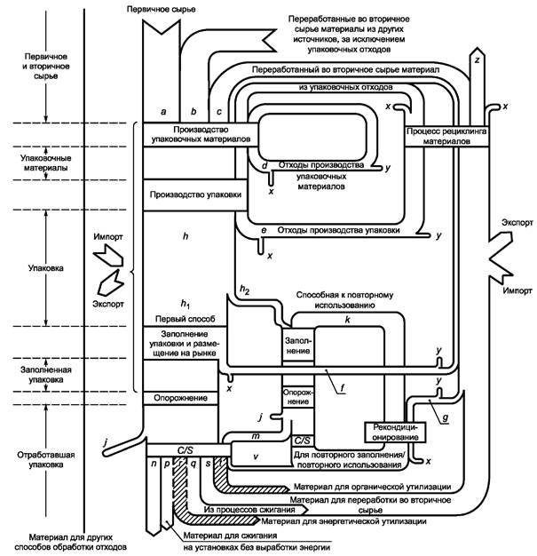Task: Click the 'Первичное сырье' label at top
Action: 161,9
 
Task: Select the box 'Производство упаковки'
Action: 195,195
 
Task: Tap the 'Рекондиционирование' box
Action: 395,433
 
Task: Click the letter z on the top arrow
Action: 478,60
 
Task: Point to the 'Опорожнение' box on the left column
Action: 180,398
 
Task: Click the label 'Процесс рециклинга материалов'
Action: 446,136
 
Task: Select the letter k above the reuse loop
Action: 347,320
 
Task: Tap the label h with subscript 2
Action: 245,290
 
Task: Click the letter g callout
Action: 446,417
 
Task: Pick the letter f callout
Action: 343,388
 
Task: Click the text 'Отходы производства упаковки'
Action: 338,230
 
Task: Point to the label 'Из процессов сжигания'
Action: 249,510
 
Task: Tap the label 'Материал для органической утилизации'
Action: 372,487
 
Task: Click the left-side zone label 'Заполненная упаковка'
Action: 46,375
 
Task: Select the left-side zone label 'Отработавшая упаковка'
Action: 46,459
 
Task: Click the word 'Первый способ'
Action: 185,319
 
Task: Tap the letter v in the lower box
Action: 256,457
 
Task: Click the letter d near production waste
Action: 265,166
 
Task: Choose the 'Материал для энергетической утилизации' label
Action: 344,521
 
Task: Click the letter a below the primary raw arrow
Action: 163,112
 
